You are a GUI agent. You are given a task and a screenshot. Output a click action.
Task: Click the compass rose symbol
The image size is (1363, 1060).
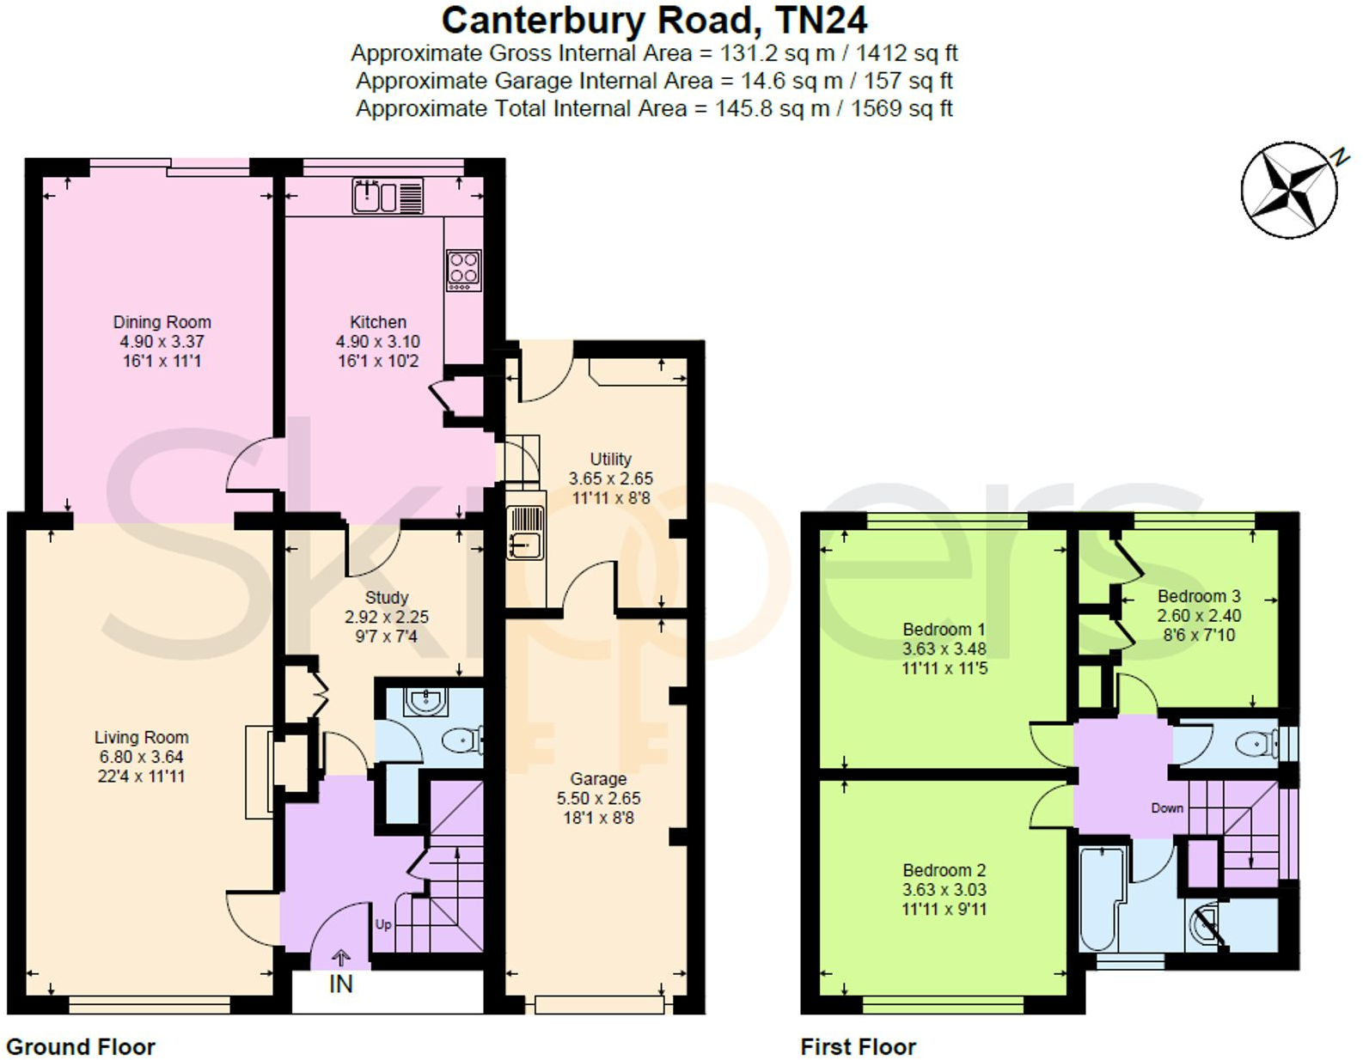[1288, 190]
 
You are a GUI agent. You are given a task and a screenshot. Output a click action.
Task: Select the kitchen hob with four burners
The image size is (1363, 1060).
[463, 270]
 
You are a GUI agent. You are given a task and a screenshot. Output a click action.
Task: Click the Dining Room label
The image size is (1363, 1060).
[162, 322]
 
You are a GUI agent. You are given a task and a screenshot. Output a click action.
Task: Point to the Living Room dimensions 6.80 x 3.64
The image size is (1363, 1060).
[141, 757]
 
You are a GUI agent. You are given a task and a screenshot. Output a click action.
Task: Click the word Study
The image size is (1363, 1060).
[387, 597]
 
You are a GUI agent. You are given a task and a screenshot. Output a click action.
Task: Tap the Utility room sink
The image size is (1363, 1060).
[524, 533]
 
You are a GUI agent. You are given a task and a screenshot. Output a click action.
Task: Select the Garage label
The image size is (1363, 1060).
[598, 779]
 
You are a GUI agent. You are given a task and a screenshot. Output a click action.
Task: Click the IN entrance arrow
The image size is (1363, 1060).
[341, 957]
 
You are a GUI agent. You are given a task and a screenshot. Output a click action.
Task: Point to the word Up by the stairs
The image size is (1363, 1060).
[383, 924]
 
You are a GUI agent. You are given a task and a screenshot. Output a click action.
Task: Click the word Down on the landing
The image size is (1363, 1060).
[1167, 808]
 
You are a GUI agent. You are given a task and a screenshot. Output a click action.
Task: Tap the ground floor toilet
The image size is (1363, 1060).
[465, 739]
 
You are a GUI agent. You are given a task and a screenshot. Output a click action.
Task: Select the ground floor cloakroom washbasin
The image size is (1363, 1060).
[425, 701]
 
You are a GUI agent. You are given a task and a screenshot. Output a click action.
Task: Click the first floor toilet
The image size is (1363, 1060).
[1256, 744]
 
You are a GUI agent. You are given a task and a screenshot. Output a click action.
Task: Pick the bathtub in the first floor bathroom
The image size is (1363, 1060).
[1101, 898]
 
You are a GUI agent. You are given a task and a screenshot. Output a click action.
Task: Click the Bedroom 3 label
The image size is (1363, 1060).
[1199, 596]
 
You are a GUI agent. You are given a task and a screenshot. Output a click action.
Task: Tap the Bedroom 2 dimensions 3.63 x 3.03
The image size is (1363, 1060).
[944, 890]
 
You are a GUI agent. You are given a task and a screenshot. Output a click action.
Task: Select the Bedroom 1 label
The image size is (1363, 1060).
[944, 630]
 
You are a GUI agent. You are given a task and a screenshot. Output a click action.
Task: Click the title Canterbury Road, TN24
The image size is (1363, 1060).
[654, 21]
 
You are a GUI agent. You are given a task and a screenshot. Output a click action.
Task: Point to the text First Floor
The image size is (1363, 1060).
[858, 1047]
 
